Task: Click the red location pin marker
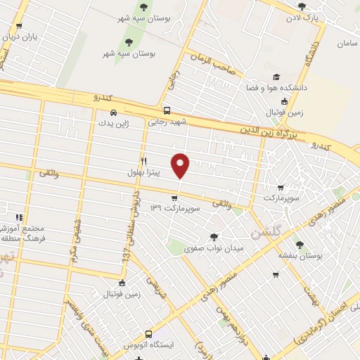coord(181,165)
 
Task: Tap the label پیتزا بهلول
coord(143,172)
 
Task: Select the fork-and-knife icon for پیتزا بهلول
coord(143,160)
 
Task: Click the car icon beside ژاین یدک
coord(113,112)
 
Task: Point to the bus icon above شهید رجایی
coord(167,110)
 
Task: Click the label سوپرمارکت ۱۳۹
coord(174,210)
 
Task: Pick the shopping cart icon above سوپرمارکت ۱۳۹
coord(174,199)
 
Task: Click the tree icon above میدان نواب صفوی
coord(214,237)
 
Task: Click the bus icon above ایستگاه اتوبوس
coord(148,335)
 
